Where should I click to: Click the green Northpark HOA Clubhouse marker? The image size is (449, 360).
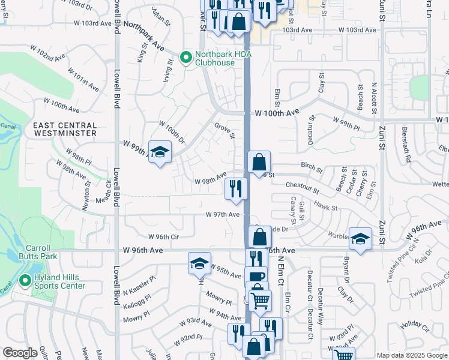[186, 58]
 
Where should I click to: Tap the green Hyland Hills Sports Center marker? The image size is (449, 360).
[25, 280]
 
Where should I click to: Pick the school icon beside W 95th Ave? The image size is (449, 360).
[199, 263]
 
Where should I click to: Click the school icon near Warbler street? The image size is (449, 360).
[360, 240]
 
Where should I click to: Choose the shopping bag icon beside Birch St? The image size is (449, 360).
[259, 162]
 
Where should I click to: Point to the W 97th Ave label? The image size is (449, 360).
[223, 214]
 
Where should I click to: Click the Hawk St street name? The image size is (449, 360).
[327, 208]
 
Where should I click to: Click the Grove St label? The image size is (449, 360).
[224, 130]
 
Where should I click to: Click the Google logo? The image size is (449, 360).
[20, 353]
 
